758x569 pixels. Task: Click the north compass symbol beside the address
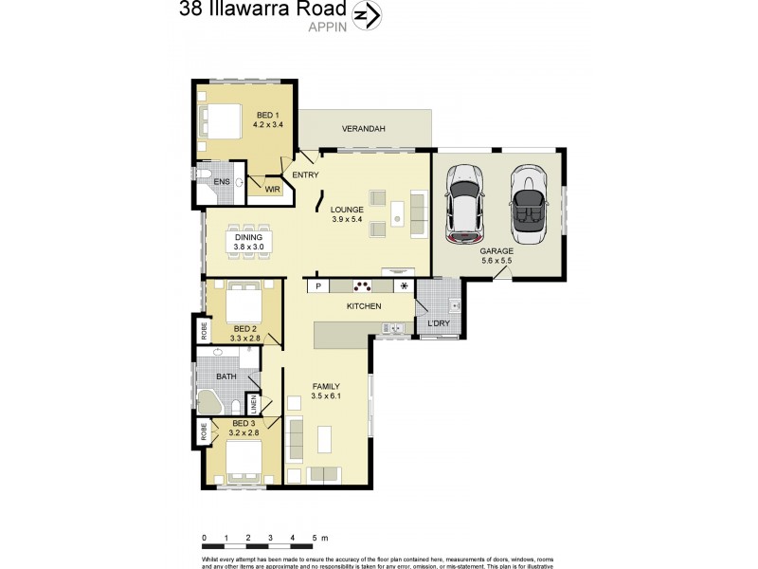click(x=366, y=15)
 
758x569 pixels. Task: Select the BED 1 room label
click(x=268, y=116)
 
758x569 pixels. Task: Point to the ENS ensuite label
click(x=221, y=182)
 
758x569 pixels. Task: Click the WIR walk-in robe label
click(x=272, y=190)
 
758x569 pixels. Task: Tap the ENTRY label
click(x=305, y=175)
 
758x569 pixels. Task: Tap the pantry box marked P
click(x=318, y=285)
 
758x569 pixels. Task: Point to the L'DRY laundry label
click(x=439, y=324)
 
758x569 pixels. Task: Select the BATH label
click(x=226, y=376)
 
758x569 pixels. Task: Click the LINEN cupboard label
click(x=253, y=404)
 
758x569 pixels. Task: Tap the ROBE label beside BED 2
click(x=203, y=331)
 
